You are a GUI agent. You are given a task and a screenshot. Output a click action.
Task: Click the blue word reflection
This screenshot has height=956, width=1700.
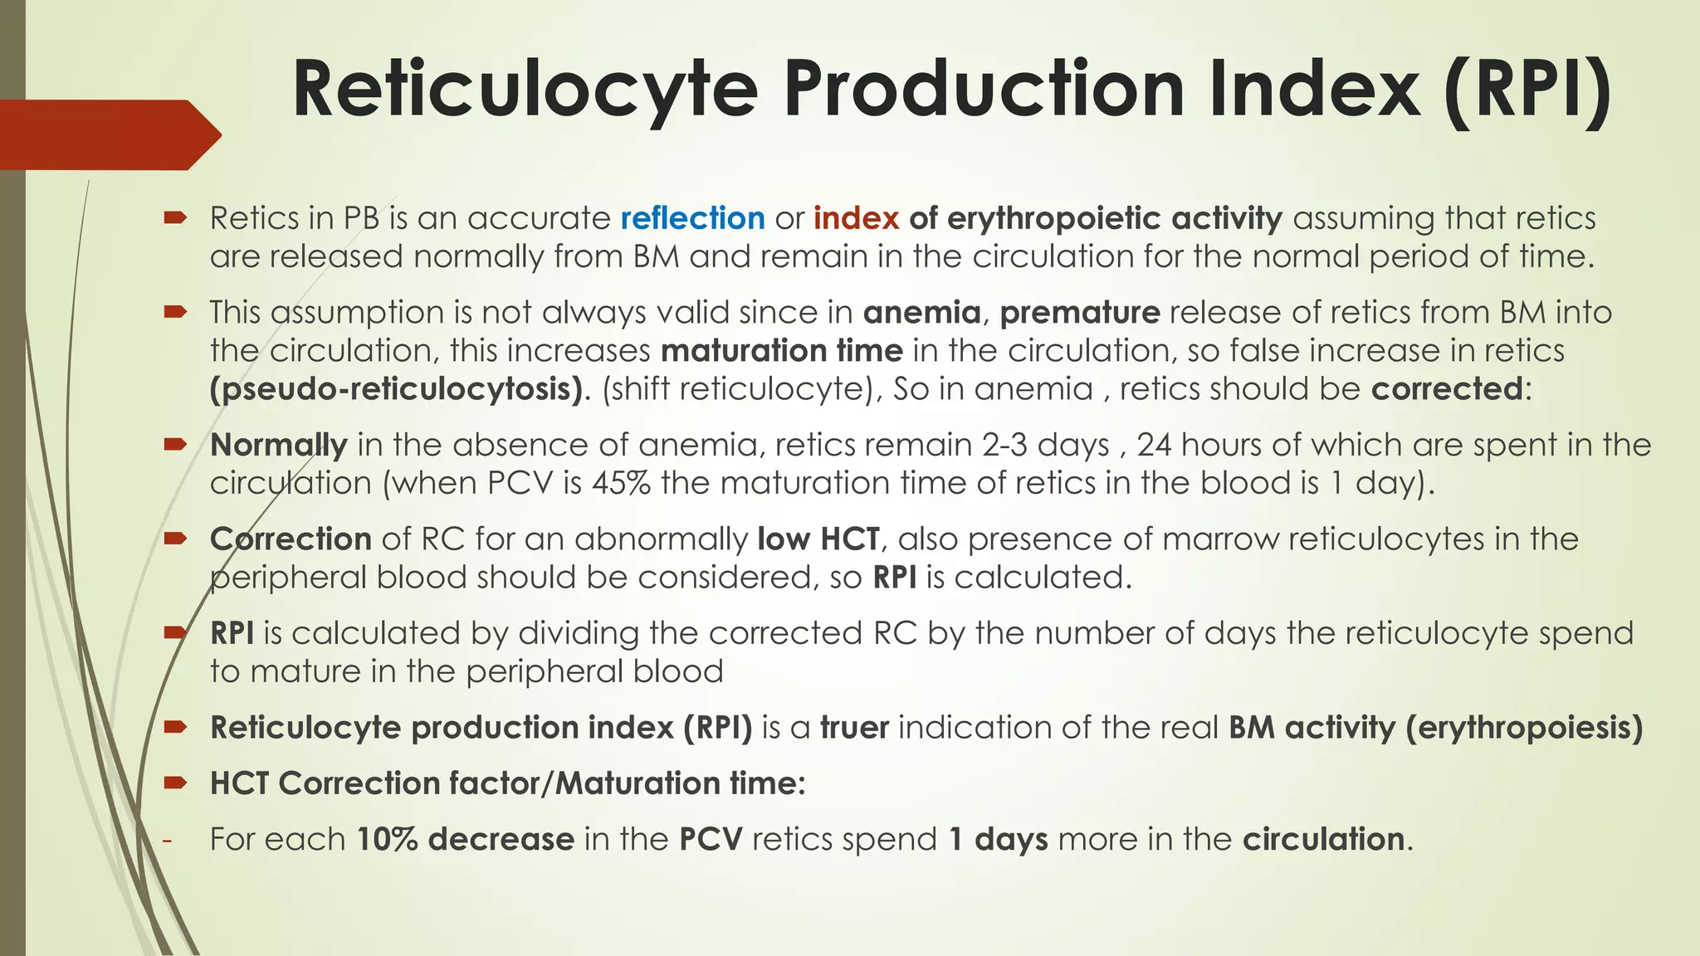(x=692, y=218)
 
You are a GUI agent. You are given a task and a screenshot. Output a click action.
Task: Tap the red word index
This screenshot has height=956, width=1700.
(x=856, y=218)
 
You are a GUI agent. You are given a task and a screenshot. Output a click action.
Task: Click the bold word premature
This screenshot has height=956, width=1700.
(x=1080, y=313)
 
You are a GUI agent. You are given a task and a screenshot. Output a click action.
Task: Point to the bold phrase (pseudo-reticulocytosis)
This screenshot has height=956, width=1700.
(x=397, y=389)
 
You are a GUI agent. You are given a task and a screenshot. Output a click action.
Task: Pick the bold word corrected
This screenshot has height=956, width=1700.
(x=1447, y=389)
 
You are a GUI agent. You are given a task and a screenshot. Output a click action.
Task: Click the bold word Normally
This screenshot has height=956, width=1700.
(x=278, y=446)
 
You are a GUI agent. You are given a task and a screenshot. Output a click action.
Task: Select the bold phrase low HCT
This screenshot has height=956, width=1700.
(x=818, y=539)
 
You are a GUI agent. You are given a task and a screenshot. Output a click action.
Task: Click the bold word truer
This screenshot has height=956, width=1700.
(x=855, y=728)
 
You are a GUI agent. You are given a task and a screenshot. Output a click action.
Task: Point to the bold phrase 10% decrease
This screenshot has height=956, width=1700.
(x=466, y=840)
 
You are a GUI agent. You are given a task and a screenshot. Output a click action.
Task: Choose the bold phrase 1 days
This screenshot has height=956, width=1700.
(x=998, y=840)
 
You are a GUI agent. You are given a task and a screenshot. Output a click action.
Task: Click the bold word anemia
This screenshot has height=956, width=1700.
(x=921, y=313)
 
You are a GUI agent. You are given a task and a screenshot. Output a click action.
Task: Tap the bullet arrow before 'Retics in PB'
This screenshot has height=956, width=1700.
(x=174, y=218)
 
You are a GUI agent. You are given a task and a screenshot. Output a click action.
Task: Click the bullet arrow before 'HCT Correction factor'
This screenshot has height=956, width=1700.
(x=174, y=783)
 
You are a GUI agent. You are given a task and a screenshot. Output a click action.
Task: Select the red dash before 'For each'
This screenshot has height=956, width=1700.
(x=167, y=840)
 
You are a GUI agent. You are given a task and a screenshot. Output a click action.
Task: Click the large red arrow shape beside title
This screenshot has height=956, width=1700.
(x=108, y=134)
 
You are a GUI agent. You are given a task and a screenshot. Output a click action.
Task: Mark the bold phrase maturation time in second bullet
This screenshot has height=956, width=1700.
(x=782, y=351)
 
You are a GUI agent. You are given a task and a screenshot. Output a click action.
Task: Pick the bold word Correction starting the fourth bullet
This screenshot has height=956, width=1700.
(x=291, y=539)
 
